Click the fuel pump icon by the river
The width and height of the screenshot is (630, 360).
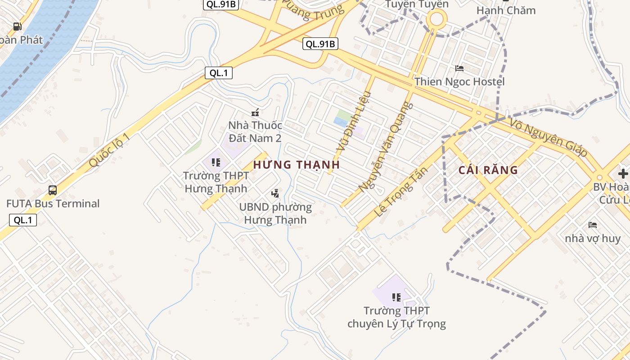[18, 27]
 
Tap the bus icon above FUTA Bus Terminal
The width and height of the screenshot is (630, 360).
[53, 190]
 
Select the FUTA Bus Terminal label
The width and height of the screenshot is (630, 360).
[53, 203]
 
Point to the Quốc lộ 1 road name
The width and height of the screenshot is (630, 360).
[109, 150]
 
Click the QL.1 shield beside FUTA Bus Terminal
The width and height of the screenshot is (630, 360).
[23, 220]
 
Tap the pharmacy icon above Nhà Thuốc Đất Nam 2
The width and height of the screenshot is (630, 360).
[255, 112]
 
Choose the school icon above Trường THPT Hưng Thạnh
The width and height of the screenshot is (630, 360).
[216, 162]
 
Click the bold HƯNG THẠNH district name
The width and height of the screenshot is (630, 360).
[297, 165]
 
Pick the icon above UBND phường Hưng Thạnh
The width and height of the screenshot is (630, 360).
[275, 193]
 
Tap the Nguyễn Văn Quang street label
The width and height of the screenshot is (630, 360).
[386, 146]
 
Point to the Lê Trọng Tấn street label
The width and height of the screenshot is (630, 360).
[400, 191]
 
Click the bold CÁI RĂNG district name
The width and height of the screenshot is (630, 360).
[488, 170]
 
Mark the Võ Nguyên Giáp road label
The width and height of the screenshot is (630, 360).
[549, 137]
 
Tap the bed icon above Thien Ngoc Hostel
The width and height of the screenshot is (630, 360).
[459, 68]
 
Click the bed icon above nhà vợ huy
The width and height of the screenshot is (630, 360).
[593, 225]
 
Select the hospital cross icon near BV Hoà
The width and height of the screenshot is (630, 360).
[623, 173]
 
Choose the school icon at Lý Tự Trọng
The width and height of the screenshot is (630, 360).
[396, 297]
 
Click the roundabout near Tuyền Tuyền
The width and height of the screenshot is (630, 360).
[436, 19]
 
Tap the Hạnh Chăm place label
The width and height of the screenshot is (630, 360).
[506, 10]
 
